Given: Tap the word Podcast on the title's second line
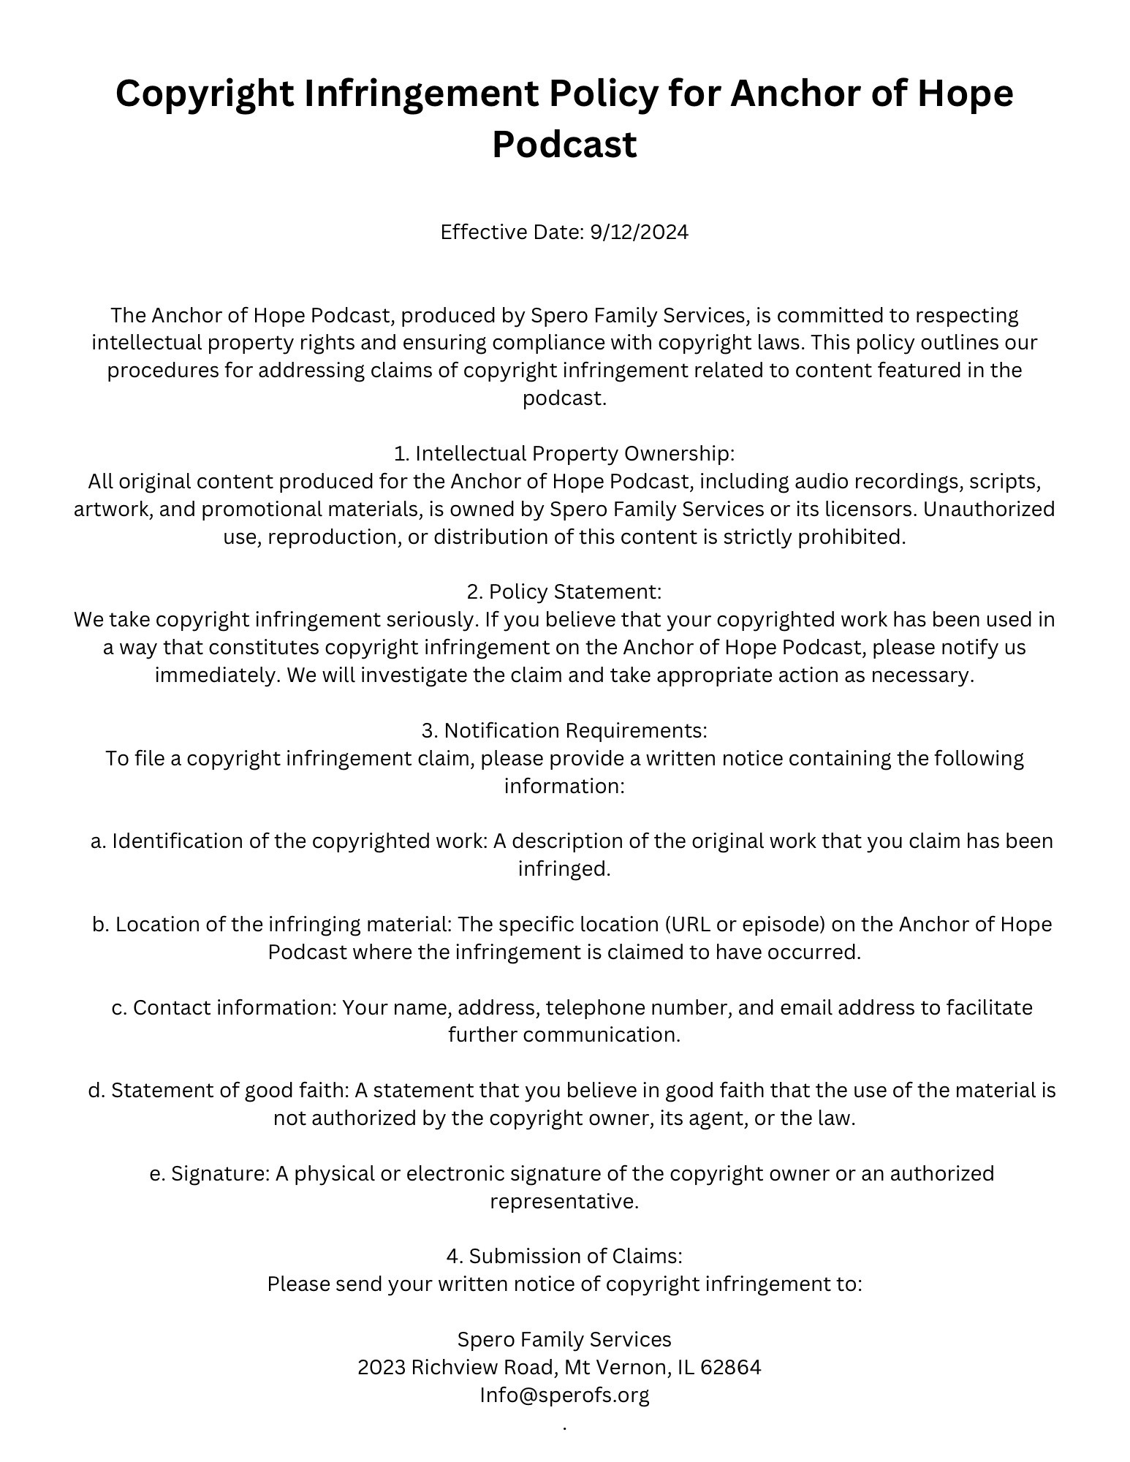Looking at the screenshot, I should (x=564, y=144).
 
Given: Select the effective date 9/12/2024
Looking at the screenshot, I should (x=639, y=232).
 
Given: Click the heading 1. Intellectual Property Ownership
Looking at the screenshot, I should (x=564, y=454).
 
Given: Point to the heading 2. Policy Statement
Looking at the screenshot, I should (x=564, y=591).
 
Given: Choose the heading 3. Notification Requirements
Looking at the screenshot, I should (x=564, y=730).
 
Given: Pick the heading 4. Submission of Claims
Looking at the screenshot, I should (x=564, y=1256).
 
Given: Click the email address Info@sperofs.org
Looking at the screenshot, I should (x=564, y=1395).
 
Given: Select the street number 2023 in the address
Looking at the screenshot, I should (x=382, y=1368).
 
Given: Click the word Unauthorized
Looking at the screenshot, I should (x=989, y=509).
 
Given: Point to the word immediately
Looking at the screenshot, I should (x=217, y=675).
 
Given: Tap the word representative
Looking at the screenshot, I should (x=564, y=1202).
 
